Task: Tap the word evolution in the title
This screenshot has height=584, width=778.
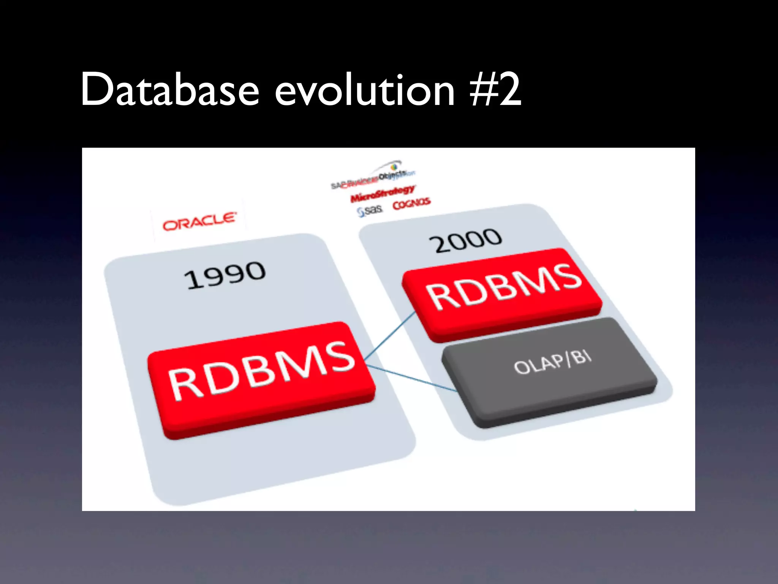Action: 365,90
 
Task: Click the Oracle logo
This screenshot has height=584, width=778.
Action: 199,221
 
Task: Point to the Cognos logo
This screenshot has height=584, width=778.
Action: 411,204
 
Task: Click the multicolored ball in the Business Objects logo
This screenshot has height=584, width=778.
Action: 394,166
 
